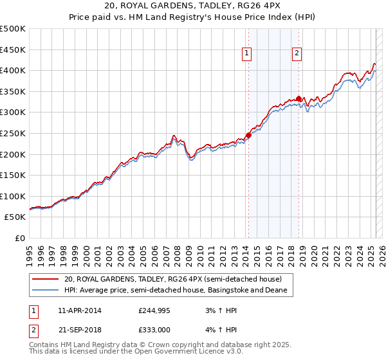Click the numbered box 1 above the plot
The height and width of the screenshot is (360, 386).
(x=248, y=55)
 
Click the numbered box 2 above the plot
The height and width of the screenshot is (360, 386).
(x=297, y=55)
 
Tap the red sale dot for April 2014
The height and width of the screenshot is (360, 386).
(x=248, y=135)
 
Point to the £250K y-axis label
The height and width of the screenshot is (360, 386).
(x=14, y=133)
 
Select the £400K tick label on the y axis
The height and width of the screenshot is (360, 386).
(x=14, y=70)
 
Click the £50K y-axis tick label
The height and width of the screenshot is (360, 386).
(x=15, y=217)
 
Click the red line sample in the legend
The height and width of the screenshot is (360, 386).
(x=46, y=280)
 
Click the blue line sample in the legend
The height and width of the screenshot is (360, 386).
(x=46, y=291)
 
